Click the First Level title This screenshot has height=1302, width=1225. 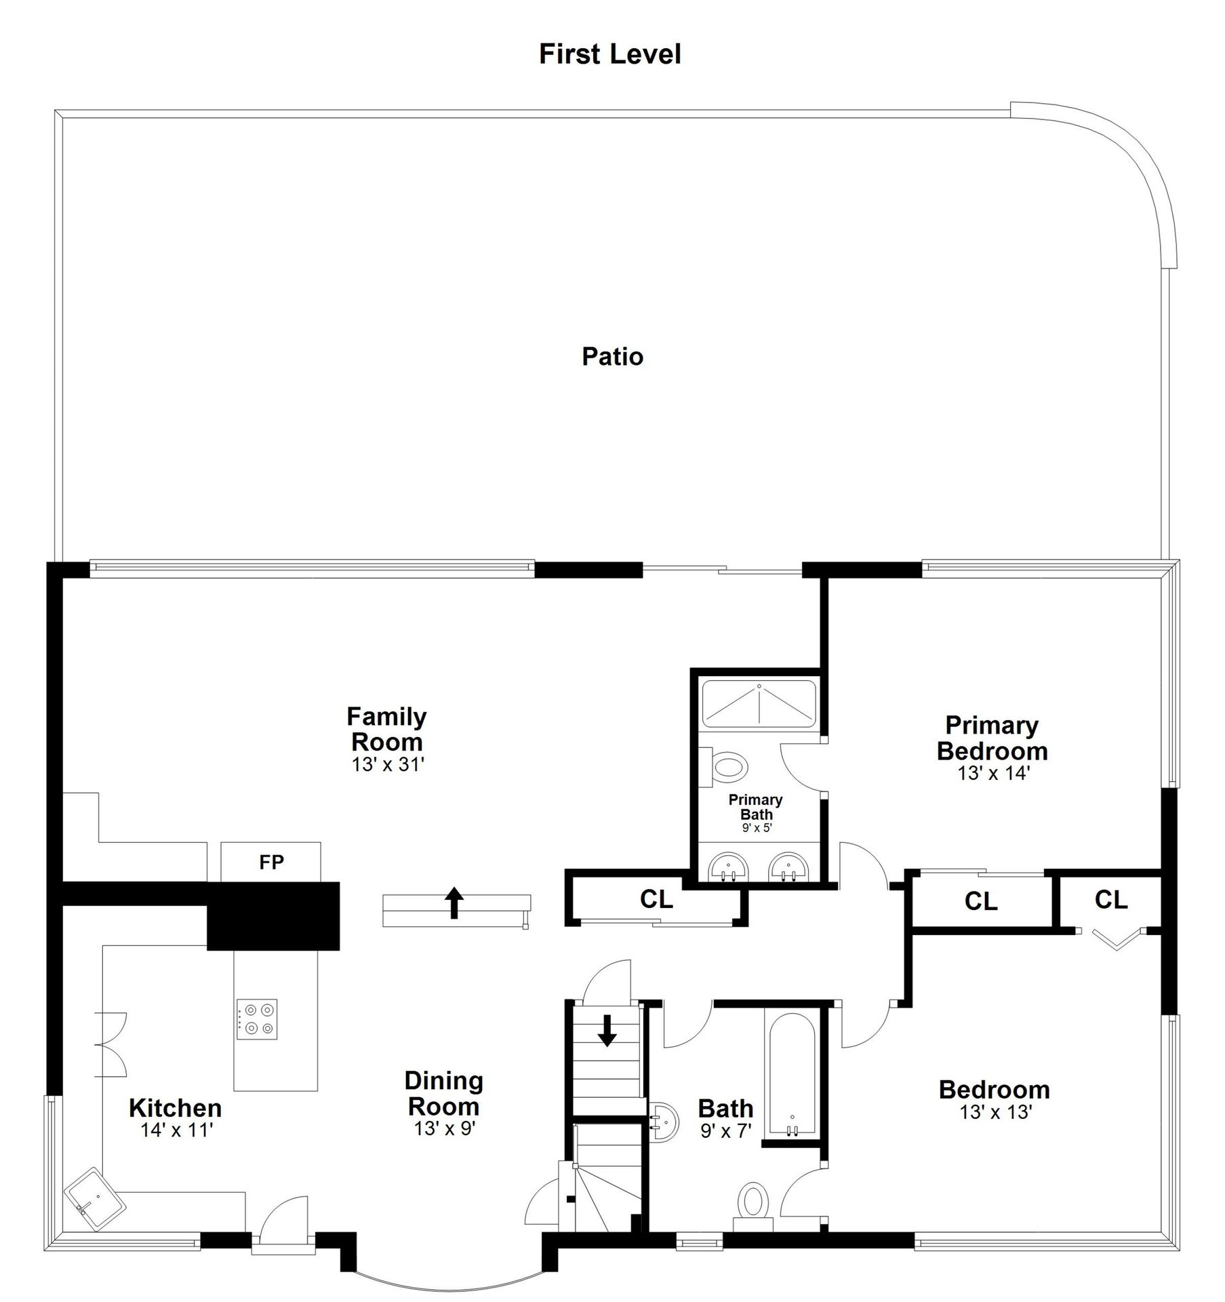609,54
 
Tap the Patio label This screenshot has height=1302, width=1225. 612,357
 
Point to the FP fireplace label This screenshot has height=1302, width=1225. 271,862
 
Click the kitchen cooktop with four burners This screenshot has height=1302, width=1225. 257,1019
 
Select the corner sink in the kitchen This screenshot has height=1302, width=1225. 95,1200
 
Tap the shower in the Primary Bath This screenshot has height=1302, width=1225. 759,705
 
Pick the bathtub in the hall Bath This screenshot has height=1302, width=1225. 792,1076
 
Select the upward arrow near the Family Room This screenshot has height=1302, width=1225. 454,903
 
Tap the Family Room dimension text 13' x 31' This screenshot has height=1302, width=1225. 387,764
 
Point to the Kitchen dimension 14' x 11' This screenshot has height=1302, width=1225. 177,1130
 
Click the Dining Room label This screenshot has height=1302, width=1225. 444,1094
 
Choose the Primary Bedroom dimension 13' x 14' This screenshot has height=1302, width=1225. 994,772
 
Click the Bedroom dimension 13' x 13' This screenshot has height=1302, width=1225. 995,1112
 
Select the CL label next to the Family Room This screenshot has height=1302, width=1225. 656,899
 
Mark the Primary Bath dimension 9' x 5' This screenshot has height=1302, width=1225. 757,827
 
